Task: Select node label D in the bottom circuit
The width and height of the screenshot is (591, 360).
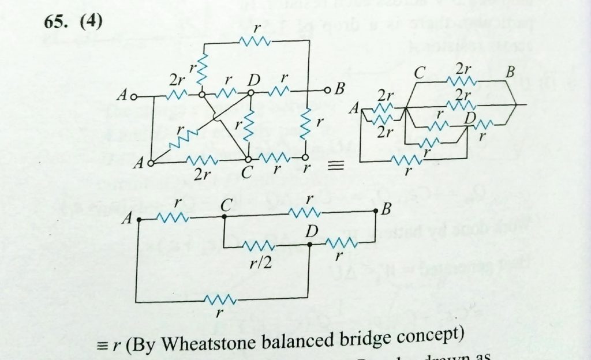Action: (313, 231)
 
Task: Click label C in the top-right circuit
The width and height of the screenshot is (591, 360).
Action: (420, 73)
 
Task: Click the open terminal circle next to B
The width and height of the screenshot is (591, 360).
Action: (327, 91)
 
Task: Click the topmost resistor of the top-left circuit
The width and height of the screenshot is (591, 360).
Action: (255, 42)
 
